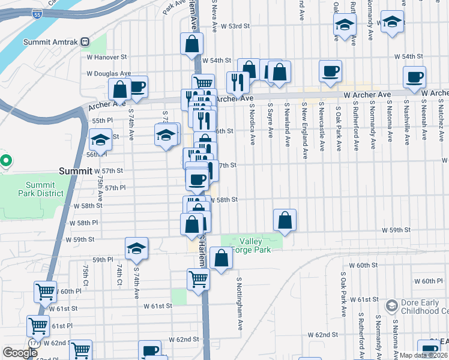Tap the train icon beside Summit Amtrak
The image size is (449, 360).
tap(85, 42)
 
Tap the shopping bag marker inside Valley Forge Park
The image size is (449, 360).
tap(221, 259)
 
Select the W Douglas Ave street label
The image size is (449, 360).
tap(108, 74)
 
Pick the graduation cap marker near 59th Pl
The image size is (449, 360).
tap(137, 249)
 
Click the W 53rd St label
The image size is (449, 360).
tap(234, 26)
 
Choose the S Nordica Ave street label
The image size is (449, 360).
tap(253, 124)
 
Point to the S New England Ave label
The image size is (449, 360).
tap(305, 126)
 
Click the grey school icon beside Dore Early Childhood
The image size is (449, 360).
tap(391, 307)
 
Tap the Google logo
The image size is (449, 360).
tap(20, 353)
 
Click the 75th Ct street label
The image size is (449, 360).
tap(86, 275)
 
